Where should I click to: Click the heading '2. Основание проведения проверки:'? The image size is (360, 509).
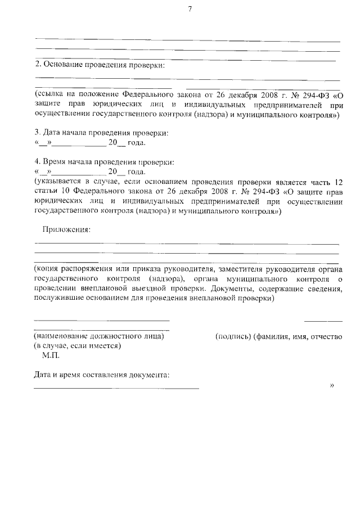click(100, 66)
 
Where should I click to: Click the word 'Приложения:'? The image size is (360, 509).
click(66, 229)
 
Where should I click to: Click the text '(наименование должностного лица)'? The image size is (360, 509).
click(99, 336)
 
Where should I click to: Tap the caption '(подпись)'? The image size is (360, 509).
click(232, 336)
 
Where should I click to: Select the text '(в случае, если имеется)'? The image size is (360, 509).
click(78, 346)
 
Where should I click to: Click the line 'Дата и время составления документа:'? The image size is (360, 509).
click(101, 375)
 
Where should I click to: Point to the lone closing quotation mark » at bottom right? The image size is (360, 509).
click(332, 386)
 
